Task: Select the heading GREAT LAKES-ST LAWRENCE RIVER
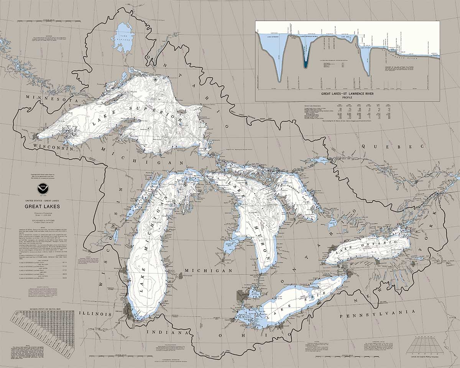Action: [347, 94]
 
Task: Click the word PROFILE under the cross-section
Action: [347, 97]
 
